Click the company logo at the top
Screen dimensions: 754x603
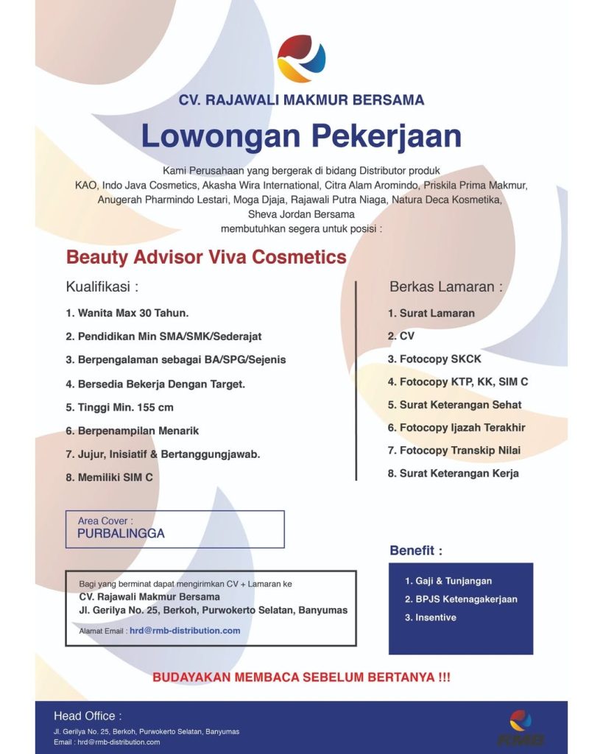[301, 58]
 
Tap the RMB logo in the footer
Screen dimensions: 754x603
[521, 727]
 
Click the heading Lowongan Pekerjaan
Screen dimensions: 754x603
[301, 136]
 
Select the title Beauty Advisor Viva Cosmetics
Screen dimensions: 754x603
[206, 257]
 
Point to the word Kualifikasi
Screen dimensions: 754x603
[102, 286]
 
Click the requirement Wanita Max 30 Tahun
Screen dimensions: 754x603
[127, 313]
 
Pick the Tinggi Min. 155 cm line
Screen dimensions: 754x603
[120, 407]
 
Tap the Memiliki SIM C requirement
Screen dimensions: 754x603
[110, 477]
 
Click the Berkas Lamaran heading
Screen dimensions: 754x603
[446, 286]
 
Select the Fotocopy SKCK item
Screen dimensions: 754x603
[434, 359]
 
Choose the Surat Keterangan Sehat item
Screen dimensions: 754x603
[454, 405]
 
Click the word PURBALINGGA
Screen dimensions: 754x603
[121, 534]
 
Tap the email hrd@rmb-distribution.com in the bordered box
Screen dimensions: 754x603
[185, 630]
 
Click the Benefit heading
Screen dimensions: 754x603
[416, 550]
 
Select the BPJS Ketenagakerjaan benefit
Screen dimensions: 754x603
[461, 599]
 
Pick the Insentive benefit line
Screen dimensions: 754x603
[431, 617]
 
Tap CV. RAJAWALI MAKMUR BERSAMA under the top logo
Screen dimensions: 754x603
[301, 99]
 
